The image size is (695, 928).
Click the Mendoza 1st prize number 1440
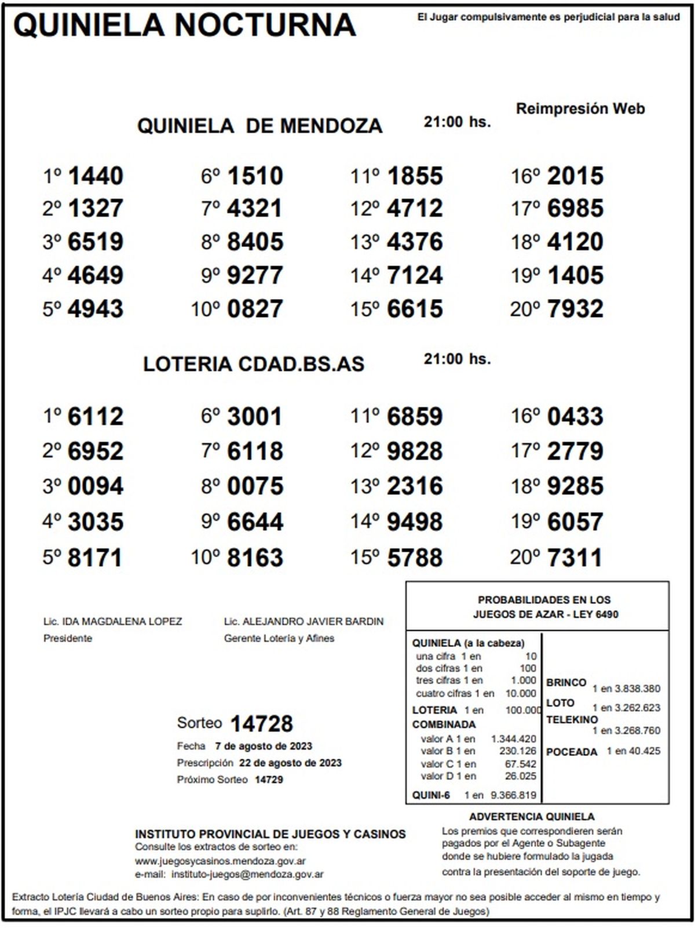pos(96,176)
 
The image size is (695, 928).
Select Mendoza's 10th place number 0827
pos(255,309)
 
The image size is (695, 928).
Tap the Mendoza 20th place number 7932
pos(575,309)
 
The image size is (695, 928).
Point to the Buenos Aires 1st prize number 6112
pos(96,417)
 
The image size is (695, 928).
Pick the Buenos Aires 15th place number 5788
pos(415,558)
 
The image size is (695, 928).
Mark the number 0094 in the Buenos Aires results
pos(96,486)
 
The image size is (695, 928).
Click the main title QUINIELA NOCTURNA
pos(184,26)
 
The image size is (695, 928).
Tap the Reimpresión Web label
pos(580,109)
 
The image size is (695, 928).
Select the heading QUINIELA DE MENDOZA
pos(259,126)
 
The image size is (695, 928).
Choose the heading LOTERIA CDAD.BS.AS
pos(254,364)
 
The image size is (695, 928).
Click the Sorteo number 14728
pos(262,724)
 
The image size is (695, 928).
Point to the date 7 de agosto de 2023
pos(264,746)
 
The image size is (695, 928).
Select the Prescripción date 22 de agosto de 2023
pos(290,763)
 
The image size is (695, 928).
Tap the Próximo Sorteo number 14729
pos(269,780)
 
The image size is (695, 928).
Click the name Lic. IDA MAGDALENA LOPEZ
pos(112,622)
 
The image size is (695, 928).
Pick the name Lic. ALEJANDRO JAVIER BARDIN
pos(303,622)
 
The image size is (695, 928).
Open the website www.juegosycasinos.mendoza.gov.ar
pos(220,861)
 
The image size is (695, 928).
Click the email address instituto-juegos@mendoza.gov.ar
pos(247,874)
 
